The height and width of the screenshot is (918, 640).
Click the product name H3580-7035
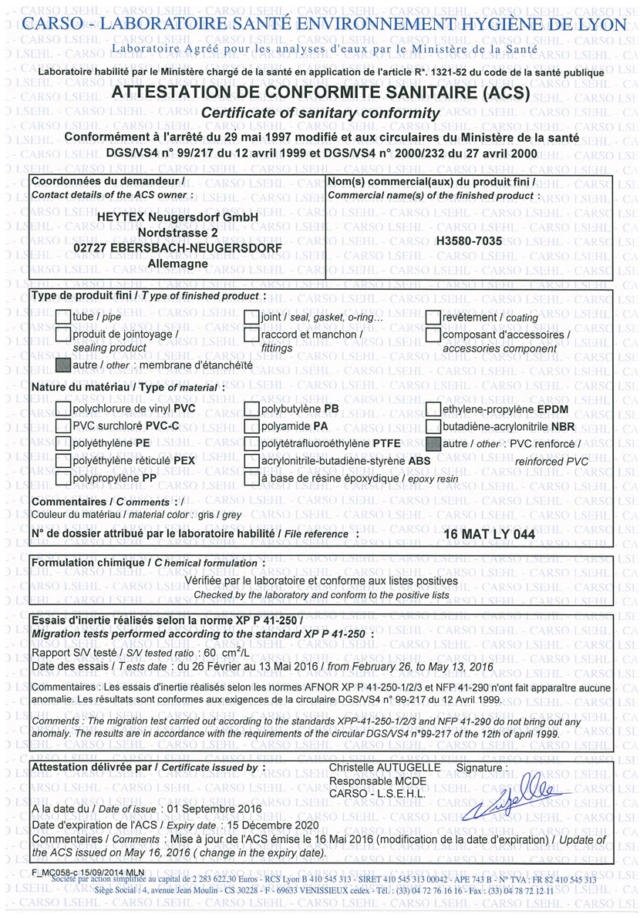[x=470, y=241]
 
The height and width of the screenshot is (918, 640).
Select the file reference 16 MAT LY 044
[x=489, y=533]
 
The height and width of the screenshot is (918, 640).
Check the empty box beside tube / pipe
[x=63, y=317]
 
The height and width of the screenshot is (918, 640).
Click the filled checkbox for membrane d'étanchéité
[x=63, y=364]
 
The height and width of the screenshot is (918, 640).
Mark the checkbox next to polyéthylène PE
[x=63, y=443]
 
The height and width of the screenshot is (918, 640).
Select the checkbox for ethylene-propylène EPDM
[x=433, y=409]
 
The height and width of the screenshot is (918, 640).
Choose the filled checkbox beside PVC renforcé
[x=433, y=444]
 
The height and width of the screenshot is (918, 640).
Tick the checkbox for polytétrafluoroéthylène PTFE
[x=251, y=444]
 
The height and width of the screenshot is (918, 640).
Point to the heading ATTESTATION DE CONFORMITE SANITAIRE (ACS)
[x=321, y=94]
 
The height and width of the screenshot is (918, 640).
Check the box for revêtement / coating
[x=433, y=317]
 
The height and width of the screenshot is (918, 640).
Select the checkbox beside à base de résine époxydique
[x=251, y=479]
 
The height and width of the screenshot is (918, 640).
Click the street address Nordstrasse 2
[x=178, y=233]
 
